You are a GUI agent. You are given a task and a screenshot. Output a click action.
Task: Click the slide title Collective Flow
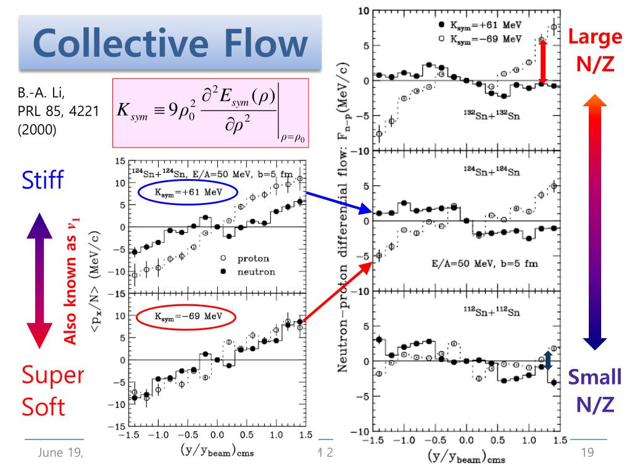point(170,41)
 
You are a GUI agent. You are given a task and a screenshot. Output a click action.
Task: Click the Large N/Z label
point(595,49)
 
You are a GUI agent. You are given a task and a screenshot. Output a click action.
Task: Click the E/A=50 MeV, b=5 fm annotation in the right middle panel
point(484,263)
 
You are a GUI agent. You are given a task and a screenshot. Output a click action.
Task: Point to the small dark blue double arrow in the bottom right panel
point(548,359)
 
